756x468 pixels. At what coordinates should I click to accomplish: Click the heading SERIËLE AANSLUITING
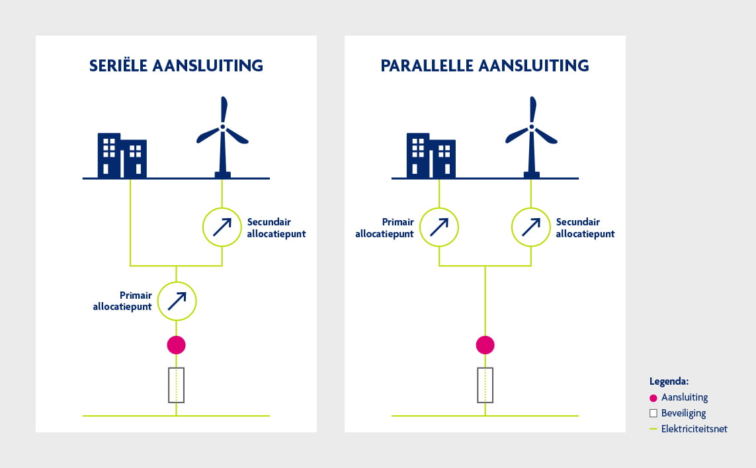pyautogui.click(x=176, y=65)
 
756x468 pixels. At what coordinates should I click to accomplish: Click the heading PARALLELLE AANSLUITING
pyautogui.click(x=485, y=65)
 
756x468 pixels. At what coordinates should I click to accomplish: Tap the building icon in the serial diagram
pyautogui.click(x=122, y=156)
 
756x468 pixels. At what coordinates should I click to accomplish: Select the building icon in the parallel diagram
pyautogui.click(x=431, y=156)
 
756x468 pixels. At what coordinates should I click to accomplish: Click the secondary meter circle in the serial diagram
pyautogui.click(x=222, y=227)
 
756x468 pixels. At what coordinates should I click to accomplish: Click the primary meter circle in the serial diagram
pyautogui.click(x=177, y=301)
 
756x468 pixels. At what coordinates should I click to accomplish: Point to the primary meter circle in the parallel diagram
pyautogui.click(x=439, y=227)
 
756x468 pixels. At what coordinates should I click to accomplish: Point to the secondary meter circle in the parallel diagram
pyautogui.click(x=531, y=227)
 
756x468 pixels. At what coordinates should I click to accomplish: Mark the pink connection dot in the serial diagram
pyautogui.click(x=176, y=344)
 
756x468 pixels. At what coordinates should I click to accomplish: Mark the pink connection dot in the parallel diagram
pyautogui.click(x=485, y=344)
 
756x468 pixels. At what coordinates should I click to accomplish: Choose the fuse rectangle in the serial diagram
pyautogui.click(x=176, y=385)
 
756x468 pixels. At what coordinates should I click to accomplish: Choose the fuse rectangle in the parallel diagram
pyautogui.click(x=485, y=385)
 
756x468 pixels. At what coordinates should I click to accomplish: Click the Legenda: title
pyautogui.click(x=669, y=381)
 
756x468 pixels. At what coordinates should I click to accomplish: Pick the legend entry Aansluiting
pyautogui.click(x=684, y=397)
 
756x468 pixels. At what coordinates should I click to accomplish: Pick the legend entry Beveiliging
pyautogui.click(x=683, y=413)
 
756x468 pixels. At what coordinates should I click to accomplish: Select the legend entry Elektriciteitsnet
pyautogui.click(x=694, y=429)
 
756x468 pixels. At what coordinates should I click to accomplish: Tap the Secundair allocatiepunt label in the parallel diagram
pyautogui.click(x=585, y=228)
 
